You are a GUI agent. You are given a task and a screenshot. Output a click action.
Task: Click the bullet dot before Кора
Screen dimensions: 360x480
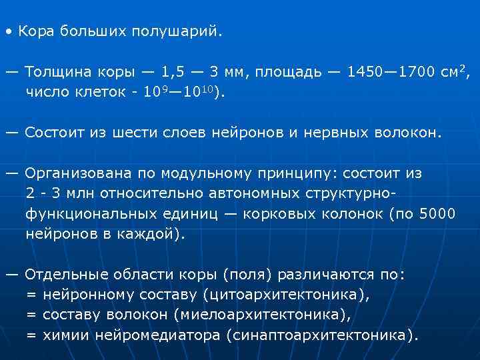(x=8, y=31)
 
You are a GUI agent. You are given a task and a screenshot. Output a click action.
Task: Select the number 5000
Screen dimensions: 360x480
(x=433, y=214)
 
